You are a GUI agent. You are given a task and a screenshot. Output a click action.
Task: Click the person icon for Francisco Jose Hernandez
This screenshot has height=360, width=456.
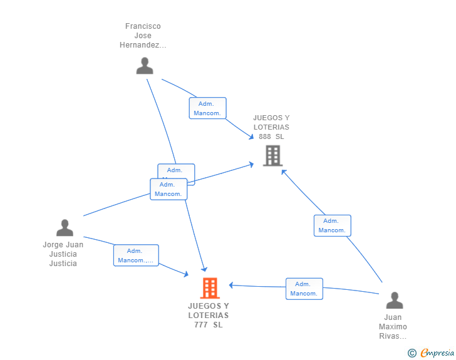tap(145, 66)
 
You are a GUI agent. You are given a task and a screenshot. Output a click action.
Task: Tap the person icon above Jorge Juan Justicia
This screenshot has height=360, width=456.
tap(65, 228)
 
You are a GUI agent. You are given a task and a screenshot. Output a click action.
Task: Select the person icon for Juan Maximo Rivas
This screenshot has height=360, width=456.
tap(394, 301)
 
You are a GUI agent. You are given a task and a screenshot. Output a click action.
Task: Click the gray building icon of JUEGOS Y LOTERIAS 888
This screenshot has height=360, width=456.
tap(272, 155)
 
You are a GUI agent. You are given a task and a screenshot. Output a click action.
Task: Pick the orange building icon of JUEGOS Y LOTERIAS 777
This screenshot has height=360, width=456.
tap(210, 288)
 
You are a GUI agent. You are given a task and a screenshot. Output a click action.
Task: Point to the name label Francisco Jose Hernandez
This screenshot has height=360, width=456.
tap(143, 36)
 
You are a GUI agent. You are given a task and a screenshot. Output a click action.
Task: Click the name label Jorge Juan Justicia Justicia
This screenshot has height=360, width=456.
tap(63, 254)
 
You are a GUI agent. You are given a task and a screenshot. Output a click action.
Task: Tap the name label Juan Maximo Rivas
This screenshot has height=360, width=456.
tap(393, 327)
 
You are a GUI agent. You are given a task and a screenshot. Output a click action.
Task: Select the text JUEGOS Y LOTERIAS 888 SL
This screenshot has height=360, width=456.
tap(271, 127)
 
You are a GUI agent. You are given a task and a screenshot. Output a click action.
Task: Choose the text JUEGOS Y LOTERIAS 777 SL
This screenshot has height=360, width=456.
tap(209, 315)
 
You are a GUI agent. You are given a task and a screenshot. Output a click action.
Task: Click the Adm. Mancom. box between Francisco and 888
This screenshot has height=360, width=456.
tap(207, 108)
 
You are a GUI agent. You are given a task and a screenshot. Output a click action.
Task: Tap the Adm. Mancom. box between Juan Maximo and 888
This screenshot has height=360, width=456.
tap(332, 225)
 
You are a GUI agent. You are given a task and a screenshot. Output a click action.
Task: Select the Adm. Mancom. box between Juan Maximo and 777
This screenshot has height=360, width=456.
tap(304, 289)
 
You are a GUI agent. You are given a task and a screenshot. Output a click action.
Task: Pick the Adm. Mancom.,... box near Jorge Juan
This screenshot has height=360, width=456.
tap(136, 255)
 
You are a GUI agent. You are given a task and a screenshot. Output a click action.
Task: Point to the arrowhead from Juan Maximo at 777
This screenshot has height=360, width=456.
tap(231, 285)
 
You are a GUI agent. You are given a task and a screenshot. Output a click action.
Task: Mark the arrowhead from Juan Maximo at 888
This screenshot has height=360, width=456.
tap(283, 172)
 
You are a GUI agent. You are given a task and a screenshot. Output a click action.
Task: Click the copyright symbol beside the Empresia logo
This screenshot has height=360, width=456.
tap(412, 353)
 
